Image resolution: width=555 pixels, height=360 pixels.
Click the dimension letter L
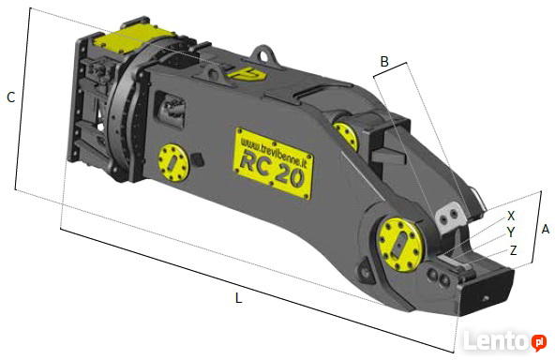click(238, 298)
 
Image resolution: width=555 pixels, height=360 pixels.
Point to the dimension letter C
click(11, 97)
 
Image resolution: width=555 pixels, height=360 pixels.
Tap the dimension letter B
click(384, 62)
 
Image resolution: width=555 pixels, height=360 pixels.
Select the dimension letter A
click(546, 230)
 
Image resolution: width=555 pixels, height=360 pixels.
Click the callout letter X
click(511, 216)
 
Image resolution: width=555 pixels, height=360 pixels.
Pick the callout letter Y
click(511, 232)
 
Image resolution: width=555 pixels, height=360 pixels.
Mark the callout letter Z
click(513, 250)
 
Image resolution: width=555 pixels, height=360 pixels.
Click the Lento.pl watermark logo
click(504, 340)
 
